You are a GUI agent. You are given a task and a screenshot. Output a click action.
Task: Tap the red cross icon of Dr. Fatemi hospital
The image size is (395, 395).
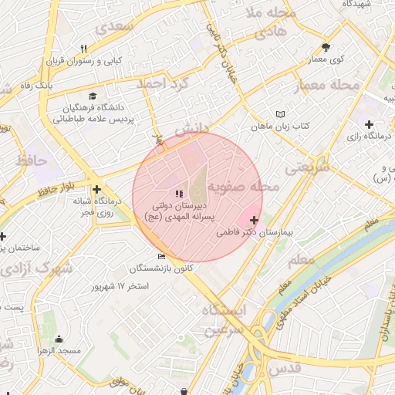click(255, 221)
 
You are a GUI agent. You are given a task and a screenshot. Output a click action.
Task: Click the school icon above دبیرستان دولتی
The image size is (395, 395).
click(180, 194)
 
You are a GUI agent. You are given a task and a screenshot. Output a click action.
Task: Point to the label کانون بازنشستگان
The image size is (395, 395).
click(161, 268)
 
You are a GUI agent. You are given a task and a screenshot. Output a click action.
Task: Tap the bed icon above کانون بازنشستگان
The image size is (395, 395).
click(160, 257)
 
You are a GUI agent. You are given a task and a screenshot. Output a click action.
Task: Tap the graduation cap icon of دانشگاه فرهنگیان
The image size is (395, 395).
click(93, 96)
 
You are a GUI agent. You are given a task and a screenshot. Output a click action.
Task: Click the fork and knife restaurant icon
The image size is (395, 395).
click(83, 49)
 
